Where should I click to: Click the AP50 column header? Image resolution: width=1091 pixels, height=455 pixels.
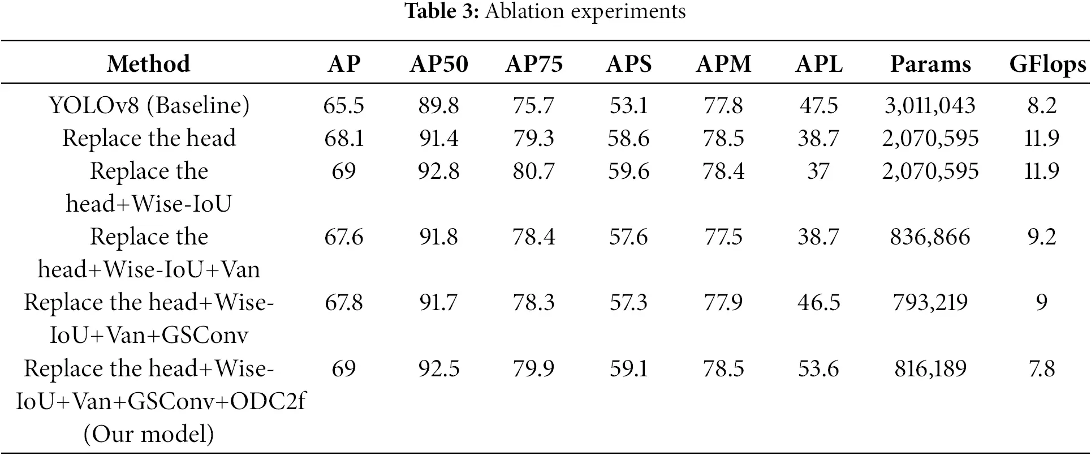[439, 64]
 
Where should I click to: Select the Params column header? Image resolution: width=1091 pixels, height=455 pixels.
[930, 64]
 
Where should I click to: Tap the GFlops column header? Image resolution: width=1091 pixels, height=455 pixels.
[1047, 64]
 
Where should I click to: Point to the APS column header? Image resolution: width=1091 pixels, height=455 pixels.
[628, 64]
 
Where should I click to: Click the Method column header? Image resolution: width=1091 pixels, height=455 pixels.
[149, 64]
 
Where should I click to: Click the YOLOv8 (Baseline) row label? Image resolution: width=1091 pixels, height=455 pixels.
[149, 105]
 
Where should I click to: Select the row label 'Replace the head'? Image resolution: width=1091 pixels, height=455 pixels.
[149, 138]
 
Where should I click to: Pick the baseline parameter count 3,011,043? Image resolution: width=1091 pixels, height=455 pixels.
[930, 105]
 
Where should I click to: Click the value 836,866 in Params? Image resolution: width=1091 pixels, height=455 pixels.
[930, 237]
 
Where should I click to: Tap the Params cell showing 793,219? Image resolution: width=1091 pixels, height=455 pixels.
[930, 302]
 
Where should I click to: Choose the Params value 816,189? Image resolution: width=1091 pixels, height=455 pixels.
[930, 368]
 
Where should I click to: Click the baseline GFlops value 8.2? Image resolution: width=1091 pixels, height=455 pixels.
[1042, 105]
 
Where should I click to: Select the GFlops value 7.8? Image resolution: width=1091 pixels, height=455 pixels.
[1042, 368]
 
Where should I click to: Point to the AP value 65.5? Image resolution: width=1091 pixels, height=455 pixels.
[344, 105]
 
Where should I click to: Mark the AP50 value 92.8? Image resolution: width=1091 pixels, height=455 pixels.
[439, 171]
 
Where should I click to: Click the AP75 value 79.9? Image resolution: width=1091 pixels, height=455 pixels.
[534, 368]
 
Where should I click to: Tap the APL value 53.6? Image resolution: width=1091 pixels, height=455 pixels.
[818, 368]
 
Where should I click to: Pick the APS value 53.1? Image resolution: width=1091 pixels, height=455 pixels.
[628, 105]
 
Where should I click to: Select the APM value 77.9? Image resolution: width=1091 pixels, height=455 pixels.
[723, 302]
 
